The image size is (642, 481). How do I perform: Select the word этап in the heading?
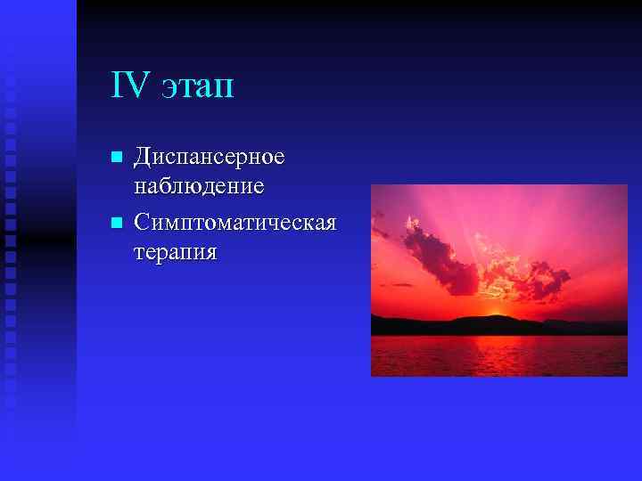click(198, 88)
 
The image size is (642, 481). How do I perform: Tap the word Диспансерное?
click(209, 158)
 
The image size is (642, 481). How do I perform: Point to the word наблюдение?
click(198, 187)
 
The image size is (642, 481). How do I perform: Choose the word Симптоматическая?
click(235, 221)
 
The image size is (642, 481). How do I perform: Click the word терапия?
click(175, 252)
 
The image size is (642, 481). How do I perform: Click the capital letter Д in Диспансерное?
click(141, 158)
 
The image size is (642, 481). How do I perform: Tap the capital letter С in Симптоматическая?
click(141, 221)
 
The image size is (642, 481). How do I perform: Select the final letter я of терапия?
click(210, 252)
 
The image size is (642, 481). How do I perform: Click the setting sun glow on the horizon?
click(494, 314)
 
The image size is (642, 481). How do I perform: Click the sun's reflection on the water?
click(494, 352)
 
